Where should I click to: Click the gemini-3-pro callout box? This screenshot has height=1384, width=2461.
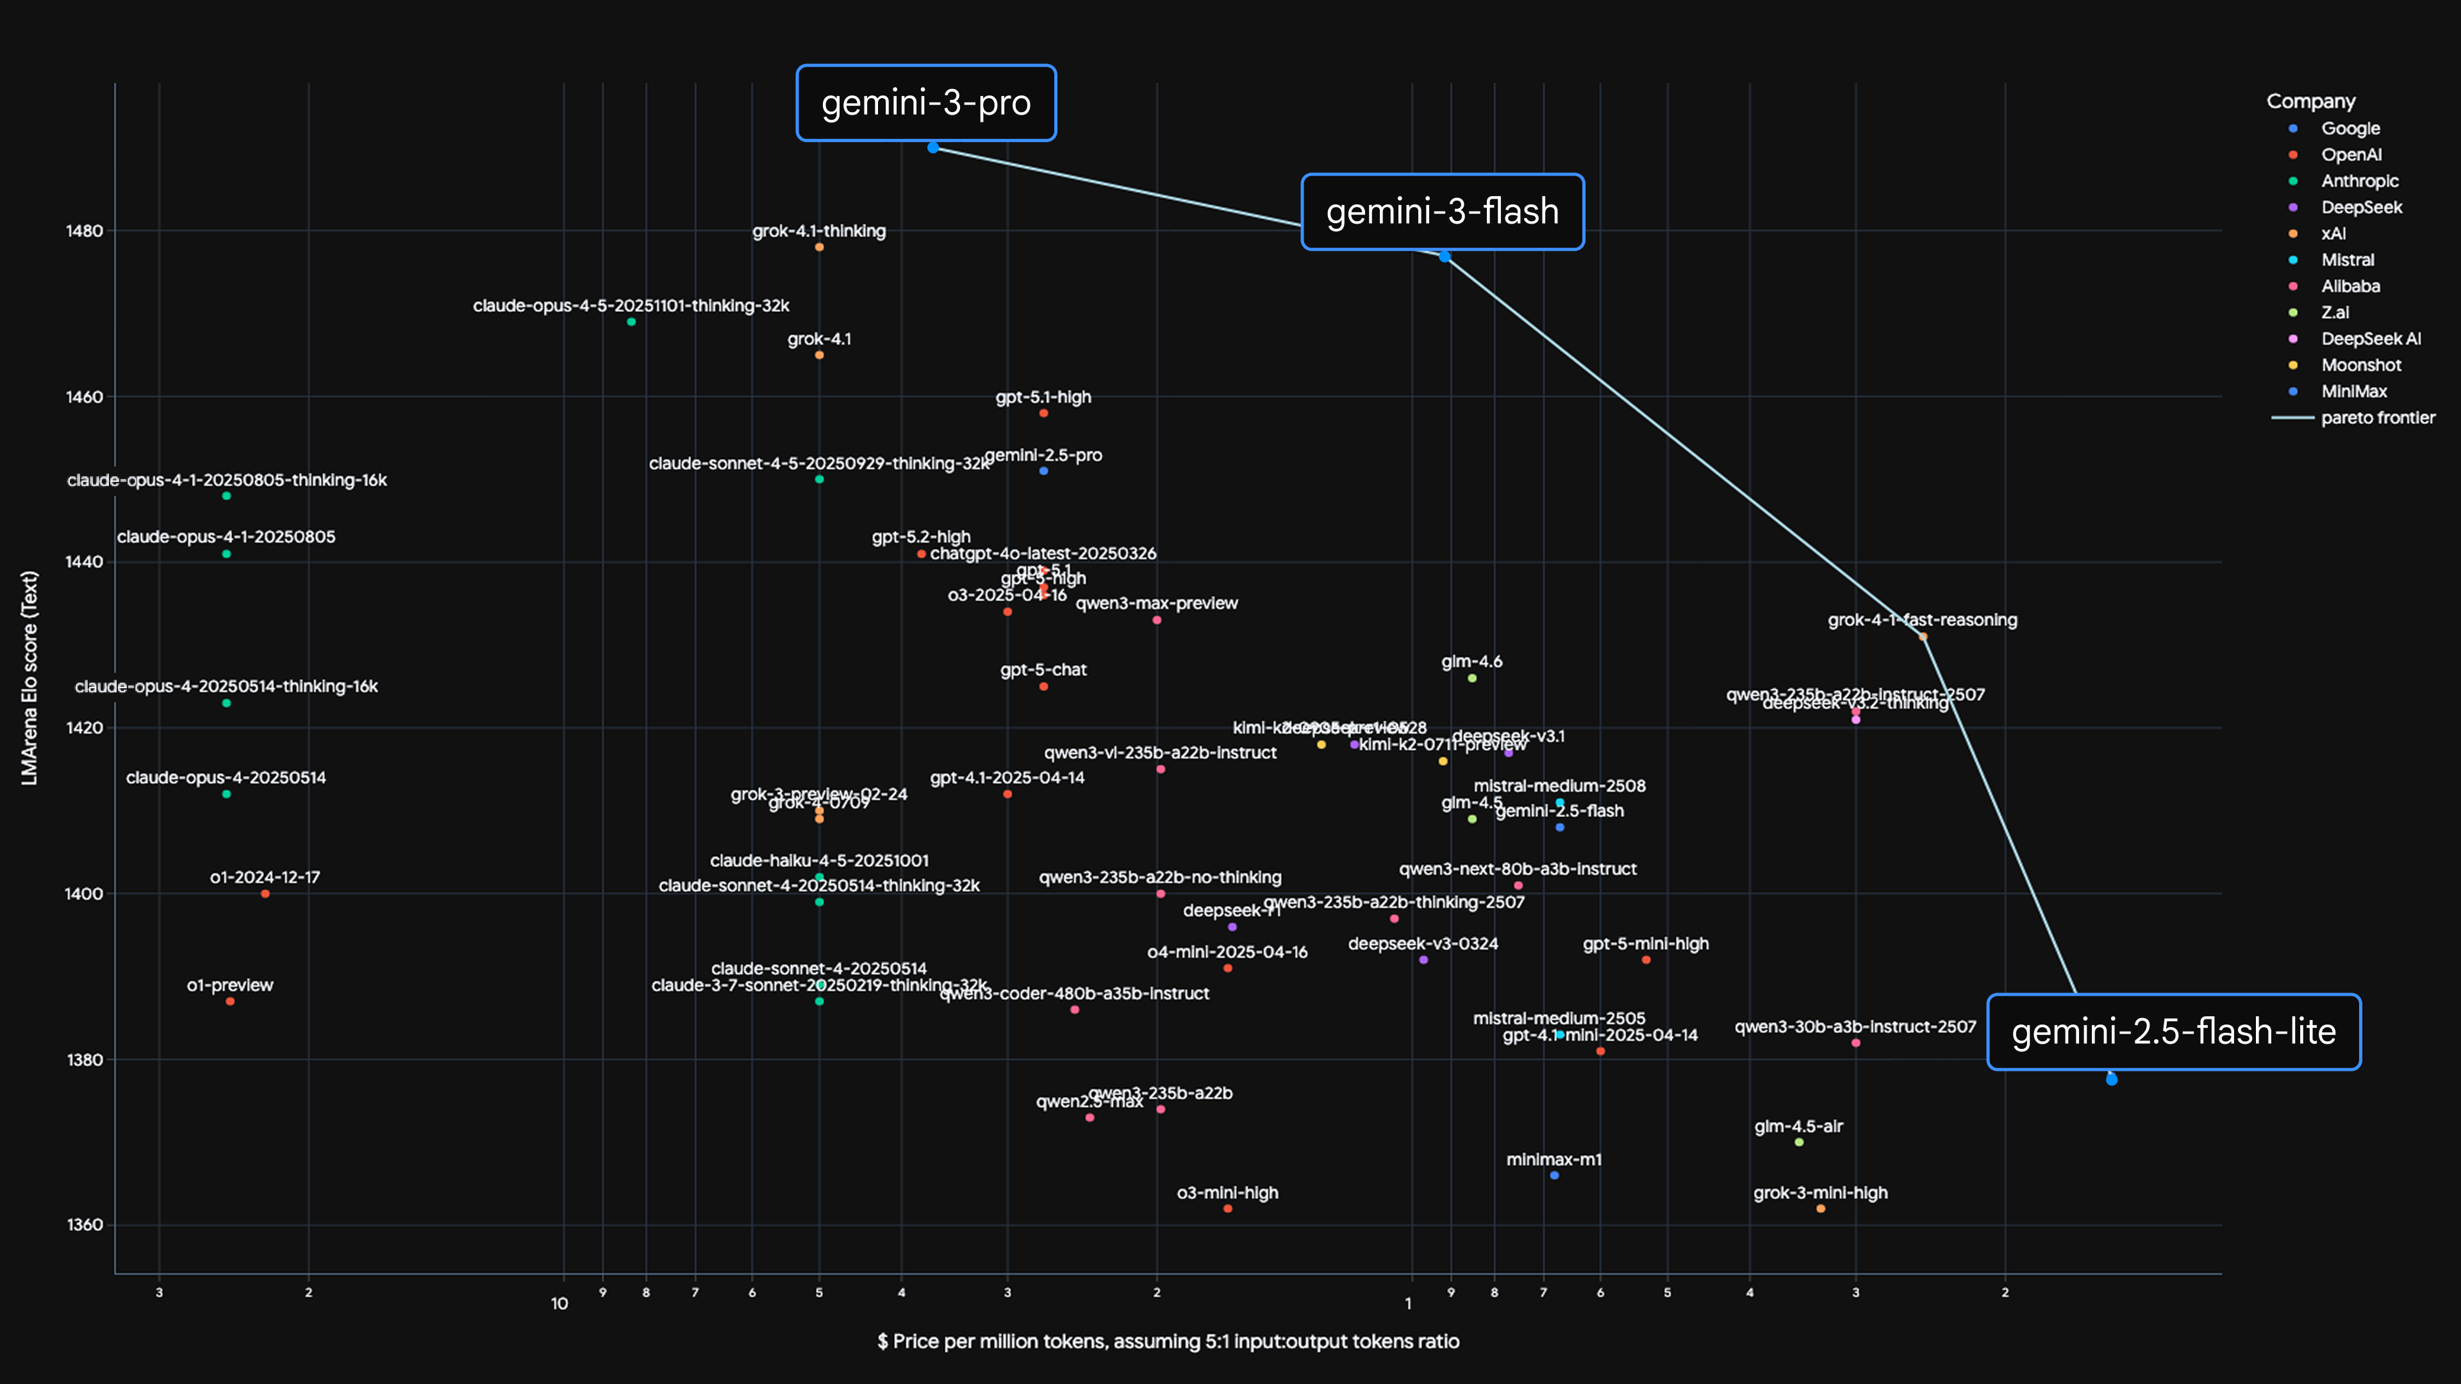(925, 103)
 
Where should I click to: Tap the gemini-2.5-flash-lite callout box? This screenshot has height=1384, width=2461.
(2173, 1032)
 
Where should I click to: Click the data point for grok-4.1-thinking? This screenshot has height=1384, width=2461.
(819, 247)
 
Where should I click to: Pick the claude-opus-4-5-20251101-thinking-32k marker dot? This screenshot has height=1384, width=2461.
(631, 322)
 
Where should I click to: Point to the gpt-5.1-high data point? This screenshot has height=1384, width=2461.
(1043, 413)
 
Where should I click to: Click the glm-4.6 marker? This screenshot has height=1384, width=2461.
(1471, 678)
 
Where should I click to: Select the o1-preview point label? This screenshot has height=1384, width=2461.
(229, 985)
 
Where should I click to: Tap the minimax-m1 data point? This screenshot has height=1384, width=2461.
(1554, 1176)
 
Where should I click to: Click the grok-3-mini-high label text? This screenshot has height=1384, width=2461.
(1820, 1193)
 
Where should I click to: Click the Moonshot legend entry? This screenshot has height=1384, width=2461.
(2360, 365)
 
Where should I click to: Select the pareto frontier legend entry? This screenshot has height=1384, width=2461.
(2377, 417)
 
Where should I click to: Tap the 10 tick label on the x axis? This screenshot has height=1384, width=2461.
(559, 1304)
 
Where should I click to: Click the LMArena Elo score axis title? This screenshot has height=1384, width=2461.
(29, 678)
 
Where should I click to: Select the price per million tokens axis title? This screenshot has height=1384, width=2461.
(1168, 1341)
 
